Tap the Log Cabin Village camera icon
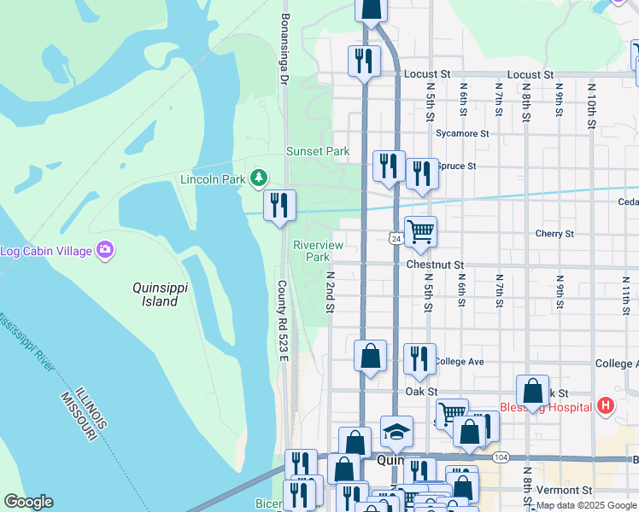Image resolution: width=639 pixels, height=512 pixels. pos(105,250)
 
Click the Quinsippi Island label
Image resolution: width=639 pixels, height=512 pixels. pos(155,294)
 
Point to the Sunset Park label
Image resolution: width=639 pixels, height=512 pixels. pos(318,151)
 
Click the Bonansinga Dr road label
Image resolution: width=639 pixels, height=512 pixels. pos(285,49)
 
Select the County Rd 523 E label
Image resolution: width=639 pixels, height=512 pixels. pos(283,320)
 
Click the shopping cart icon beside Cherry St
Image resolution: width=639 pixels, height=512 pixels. pos(420,231)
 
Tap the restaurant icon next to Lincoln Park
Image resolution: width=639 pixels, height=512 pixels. pos(279,205)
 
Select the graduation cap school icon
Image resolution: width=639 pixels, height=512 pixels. pos(396,432)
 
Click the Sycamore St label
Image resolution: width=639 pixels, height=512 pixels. pos(461,134)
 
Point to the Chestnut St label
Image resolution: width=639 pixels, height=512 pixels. pos(435,265)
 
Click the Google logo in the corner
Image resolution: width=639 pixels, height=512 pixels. pos(28,502)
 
